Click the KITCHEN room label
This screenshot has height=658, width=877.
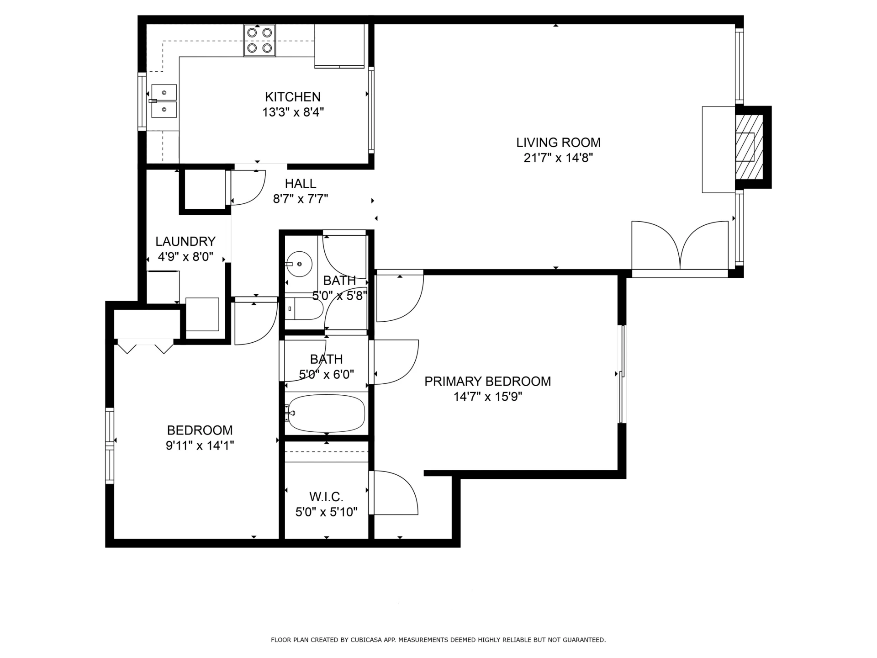(293, 97)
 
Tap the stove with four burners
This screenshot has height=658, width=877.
(259, 40)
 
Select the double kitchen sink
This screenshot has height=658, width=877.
(164, 101)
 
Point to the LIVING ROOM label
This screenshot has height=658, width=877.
(558, 143)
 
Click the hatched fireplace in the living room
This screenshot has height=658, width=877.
(749, 147)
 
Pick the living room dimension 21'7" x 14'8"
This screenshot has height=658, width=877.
(558, 158)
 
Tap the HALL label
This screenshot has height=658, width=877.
(301, 184)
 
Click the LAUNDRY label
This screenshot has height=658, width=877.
(185, 241)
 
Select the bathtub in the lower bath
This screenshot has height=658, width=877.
(326, 414)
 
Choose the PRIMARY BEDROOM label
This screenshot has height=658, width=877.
(488, 382)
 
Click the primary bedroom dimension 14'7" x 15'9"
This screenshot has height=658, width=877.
(488, 397)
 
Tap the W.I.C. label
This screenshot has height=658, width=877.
(326, 497)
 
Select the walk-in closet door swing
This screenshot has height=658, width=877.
(395, 493)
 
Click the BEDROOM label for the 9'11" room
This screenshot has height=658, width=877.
(200, 430)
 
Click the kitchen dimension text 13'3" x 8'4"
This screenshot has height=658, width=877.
(293, 112)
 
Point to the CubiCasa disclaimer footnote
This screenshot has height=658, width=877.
(438, 640)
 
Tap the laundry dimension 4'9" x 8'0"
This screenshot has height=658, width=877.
(185, 257)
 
